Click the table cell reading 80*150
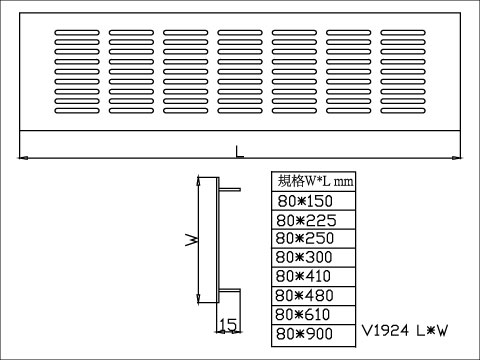point(313,201)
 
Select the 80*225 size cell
point(313,220)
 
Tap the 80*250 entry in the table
point(313,239)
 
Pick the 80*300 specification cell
point(313,257)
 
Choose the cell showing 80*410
point(313,276)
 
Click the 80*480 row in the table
point(313,295)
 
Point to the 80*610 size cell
point(313,314)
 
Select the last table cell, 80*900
point(313,333)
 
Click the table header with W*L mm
point(313,182)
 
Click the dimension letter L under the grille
point(238,152)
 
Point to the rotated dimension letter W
point(190,240)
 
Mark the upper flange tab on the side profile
point(229,188)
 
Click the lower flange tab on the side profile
point(229,291)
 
